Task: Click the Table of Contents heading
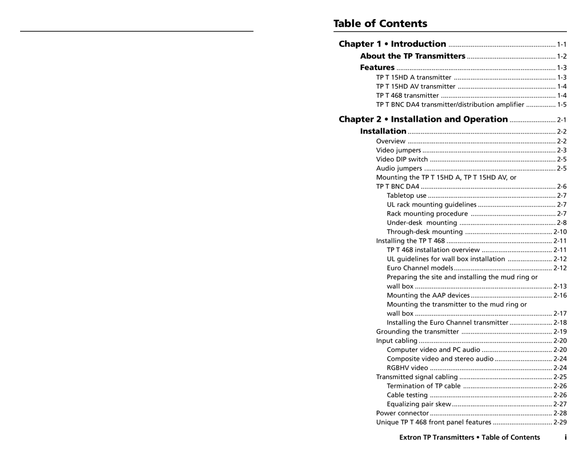(x=380, y=23)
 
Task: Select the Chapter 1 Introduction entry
(x=392, y=44)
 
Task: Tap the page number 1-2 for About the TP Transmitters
(x=561, y=56)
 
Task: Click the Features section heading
(x=377, y=68)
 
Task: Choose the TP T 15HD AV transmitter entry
(x=416, y=86)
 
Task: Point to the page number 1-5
(x=561, y=104)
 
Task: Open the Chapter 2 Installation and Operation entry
(x=423, y=119)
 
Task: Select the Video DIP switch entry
(x=402, y=159)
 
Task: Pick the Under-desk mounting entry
(x=421, y=223)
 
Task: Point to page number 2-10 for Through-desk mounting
(x=560, y=231)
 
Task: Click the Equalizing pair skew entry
(x=419, y=404)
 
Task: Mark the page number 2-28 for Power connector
(x=560, y=413)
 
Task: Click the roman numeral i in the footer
(x=566, y=437)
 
